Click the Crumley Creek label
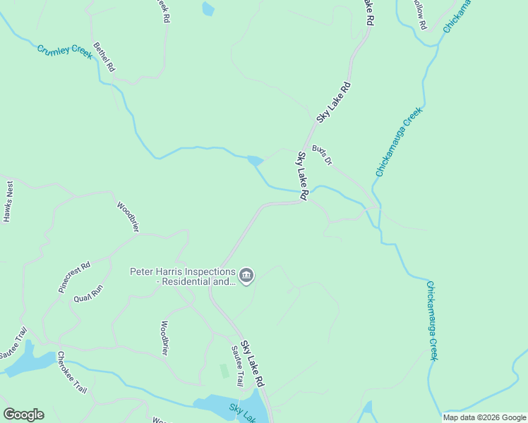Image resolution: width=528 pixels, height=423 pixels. (x=65, y=51)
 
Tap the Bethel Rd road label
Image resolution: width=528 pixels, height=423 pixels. (x=104, y=56)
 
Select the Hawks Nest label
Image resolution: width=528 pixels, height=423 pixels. (x=8, y=202)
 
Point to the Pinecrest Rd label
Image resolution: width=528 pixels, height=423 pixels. (x=75, y=277)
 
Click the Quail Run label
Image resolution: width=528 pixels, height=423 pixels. (x=88, y=293)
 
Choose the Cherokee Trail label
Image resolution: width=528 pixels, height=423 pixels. (x=71, y=372)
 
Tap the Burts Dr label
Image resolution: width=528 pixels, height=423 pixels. (x=323, y=154)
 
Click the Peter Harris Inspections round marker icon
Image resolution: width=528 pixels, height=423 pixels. (x=246, y=276)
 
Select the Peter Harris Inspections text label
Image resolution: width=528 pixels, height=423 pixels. (x=182, y=276)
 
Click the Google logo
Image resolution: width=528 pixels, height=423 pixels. (x=23, y=415)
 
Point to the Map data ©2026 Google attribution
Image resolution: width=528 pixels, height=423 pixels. (x=484, y=417)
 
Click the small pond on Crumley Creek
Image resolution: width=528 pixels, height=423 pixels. (x=255, y=161)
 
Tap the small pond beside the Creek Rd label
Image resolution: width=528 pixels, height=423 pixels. (x=208, y=9)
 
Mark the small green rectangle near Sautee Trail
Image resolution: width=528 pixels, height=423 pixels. (x=224, y=371)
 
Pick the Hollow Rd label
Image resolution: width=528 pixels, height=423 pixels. (x=419, y=14)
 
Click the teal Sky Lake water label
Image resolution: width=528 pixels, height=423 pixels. (x=241, y=413)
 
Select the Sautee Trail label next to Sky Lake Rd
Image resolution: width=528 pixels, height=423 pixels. (x=237, y=360)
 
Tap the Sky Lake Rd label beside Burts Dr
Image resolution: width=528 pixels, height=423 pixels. (x=303, y=176)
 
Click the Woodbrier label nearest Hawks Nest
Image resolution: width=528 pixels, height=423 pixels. (x=128, y=216)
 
